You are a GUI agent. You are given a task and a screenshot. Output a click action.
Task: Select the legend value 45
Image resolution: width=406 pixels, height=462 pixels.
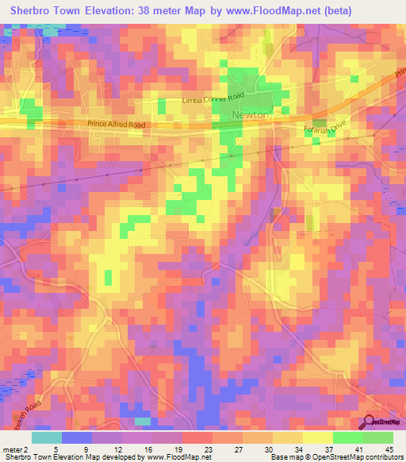(389, 449)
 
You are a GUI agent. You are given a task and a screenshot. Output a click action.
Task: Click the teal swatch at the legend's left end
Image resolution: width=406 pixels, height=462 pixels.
(47, 437)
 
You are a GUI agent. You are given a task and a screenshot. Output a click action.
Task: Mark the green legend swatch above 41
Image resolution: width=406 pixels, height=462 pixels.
(347, 437)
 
